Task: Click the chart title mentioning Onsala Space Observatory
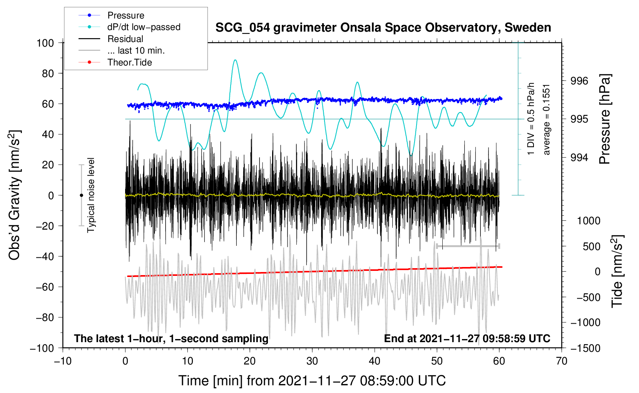coord(383,28)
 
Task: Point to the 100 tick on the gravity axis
coord(45,43)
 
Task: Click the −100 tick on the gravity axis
coord(42,348)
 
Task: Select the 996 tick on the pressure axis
coord(579,81)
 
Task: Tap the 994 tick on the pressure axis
coord(579,157)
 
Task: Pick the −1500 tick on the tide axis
coord(585,348)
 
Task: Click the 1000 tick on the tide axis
coord(589,221)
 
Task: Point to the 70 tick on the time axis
coord(562,361)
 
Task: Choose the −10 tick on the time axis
coord(63,361)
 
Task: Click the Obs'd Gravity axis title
coord(14,195)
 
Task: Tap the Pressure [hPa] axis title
coord(605,119)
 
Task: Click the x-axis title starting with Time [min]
coord(312,381)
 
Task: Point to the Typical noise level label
coord(91,195)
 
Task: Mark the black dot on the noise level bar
coord(81,195)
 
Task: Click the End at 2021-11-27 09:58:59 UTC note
coord(467,338)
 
